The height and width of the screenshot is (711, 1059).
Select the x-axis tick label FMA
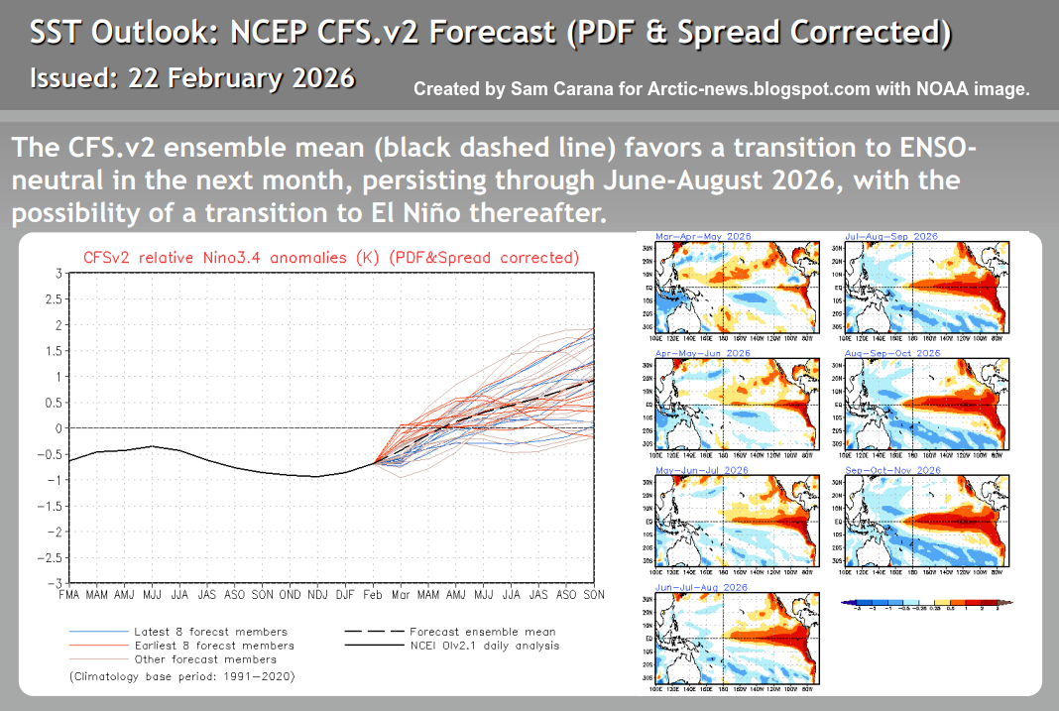tap(70, 594)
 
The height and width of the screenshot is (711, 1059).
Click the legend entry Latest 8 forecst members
tap(210, 632)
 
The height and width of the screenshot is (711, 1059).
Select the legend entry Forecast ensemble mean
tap(483, 632)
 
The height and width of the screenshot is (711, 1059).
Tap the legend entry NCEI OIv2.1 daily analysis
tap(484, 646)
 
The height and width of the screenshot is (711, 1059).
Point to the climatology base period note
tap(182, 676)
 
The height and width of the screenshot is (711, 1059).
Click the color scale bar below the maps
tap(925, 602)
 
